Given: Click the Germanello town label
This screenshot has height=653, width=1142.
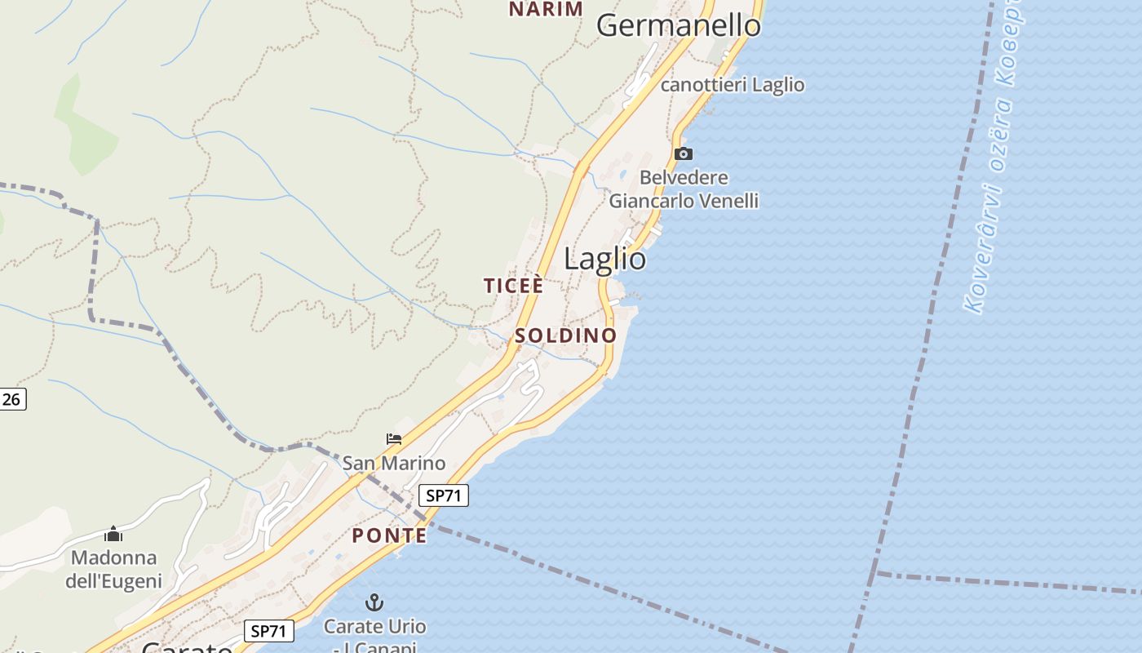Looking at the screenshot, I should point(678,26).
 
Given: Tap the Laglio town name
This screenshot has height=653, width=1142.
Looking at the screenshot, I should point(604,259).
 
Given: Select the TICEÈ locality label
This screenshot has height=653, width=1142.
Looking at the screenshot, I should point(513,286).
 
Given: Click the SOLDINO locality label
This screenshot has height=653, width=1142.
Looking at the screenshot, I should point(565,335).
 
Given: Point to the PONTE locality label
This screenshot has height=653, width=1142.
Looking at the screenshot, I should point(389,535).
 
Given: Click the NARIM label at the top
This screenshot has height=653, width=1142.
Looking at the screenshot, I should point(546,9).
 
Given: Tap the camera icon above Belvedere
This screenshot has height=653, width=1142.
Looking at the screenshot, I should point(684,153).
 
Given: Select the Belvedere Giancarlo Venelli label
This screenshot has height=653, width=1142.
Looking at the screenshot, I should point(684,189).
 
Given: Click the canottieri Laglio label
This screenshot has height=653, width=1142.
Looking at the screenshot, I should point(732,85).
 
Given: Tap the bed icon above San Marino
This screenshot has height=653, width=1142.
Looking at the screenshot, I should point(394,439).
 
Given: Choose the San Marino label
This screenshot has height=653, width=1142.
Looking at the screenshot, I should point(394,464).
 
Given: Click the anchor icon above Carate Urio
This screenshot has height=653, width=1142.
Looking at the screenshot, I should point(374,603).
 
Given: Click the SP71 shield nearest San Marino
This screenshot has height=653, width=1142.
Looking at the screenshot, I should point(445,495).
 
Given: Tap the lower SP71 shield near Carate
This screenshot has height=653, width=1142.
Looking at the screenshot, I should point(268,631).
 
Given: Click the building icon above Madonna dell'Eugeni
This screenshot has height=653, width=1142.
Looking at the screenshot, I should point(113,535).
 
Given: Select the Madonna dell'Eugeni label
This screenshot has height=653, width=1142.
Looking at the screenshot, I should point(113,570).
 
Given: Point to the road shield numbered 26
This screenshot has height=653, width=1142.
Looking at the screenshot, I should point(11,399).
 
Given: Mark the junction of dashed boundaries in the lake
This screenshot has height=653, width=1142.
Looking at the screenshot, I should point(874,573).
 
